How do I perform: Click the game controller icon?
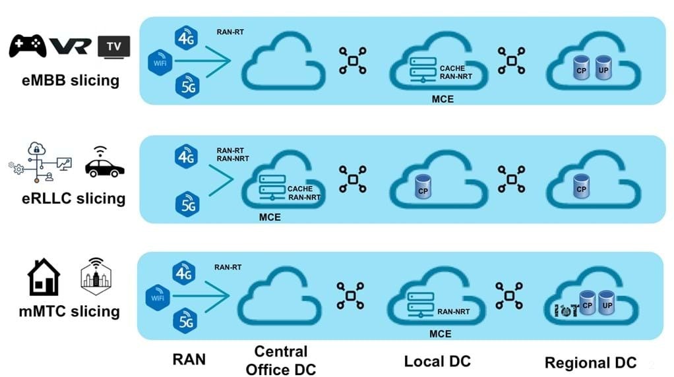(x=27, y=45)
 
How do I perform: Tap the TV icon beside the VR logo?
(x=113, y=46)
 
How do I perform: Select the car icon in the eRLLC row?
(x=105, y=165)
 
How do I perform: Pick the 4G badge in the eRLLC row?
(x=186, y=156)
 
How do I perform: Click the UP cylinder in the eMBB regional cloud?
(x=603, y=68)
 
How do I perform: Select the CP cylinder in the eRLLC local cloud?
(x=423, y=187)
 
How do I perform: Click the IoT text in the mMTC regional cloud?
(x=566, y=310)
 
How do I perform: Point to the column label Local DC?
(x=437, y=361)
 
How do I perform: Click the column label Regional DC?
(x=590, y=362)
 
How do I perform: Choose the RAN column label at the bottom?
(x=189, y=359)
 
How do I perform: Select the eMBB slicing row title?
(x=69, y=80)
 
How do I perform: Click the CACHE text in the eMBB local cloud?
(x=452, y=68)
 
